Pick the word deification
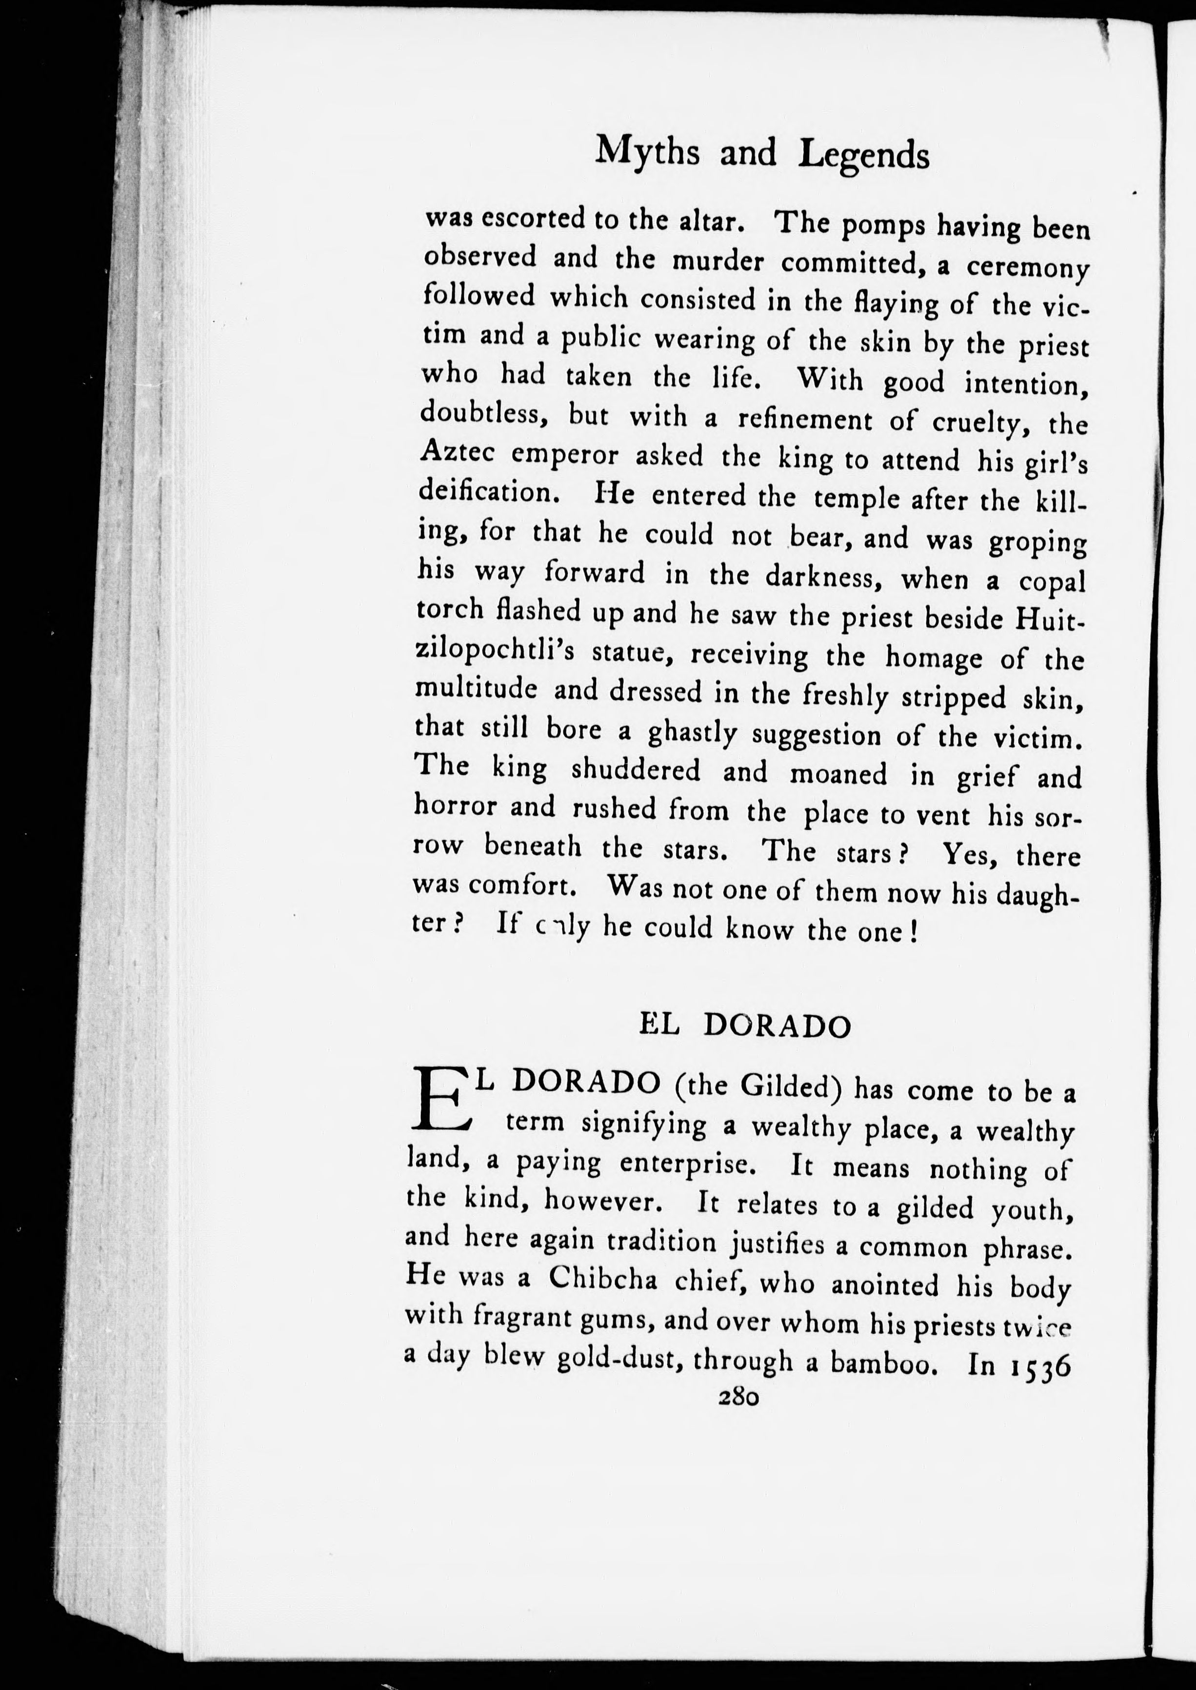click(x=487, y=491)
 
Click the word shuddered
click(x=637, y=770)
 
